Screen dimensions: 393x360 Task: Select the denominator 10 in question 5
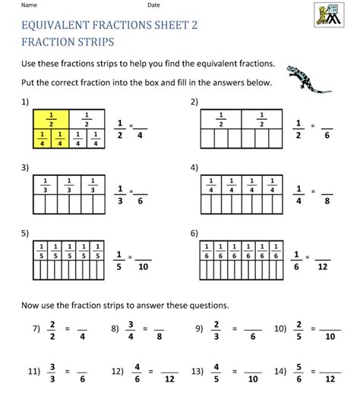[x=145, y=266]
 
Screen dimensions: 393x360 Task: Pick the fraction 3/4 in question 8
[x=131, y=329]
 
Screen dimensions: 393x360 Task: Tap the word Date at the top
[x=154, y=5]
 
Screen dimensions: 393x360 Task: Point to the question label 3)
[x=26, y=167]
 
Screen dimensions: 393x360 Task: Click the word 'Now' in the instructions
[x=35, y=305]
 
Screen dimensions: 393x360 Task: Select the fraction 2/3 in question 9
[x=216, y=329]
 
